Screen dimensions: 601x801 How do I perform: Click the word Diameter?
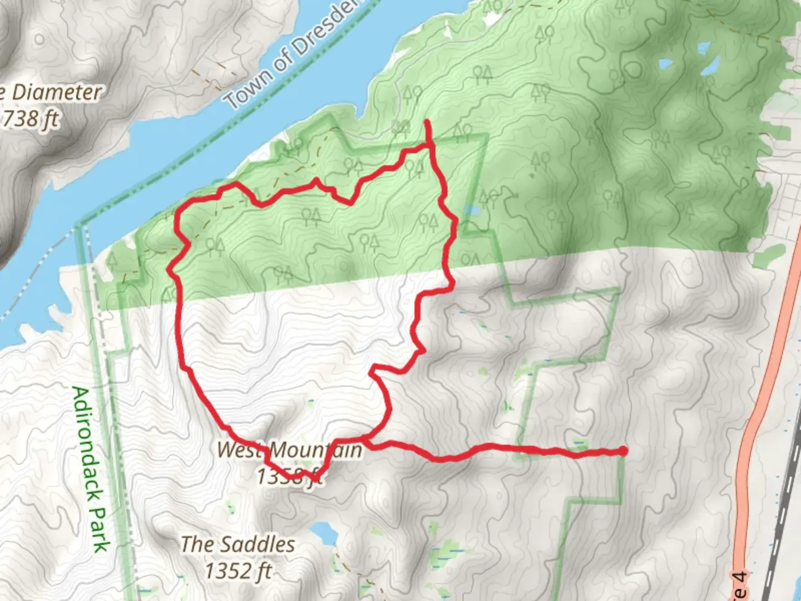point(56,92)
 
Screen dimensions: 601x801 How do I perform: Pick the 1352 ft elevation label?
point(238,571)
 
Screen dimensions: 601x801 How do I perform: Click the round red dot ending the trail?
point(623,451)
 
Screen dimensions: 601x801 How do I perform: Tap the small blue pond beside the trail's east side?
point(472,211)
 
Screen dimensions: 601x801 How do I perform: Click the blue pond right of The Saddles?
point(323,534)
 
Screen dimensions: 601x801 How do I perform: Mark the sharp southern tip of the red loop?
point(315,479)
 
